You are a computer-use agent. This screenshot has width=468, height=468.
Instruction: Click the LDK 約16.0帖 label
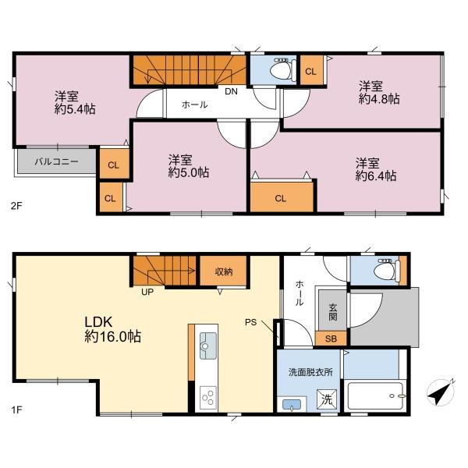pos(112,329)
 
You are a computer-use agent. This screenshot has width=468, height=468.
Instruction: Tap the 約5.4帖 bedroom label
pos(75,103)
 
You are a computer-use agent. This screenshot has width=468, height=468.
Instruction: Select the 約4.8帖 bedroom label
pos(379,93)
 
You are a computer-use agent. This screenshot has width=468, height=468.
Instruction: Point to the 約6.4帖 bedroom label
pos(376,170)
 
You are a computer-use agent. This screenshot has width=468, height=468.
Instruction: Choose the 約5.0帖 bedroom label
pos(188,166)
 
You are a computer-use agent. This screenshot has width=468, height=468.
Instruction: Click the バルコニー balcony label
pos(56,161)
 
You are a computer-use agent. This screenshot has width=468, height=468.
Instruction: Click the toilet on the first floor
pos(387,271)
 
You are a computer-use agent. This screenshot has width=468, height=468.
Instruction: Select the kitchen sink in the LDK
pos(208,346)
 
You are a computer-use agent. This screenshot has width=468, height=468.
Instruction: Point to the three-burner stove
pos(208,398)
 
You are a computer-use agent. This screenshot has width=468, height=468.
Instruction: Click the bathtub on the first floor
pos(375,395)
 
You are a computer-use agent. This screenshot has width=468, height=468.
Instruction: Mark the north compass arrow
pos(441,392)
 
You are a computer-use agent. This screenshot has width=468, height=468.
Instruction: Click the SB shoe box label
pos(331,339)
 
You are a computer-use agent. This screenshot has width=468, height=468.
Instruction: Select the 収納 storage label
pos(224,271)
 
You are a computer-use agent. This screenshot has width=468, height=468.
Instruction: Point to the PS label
pos(250,322)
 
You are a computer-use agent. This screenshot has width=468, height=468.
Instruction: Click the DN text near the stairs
pos(232,91)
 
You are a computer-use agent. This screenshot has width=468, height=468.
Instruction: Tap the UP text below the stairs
pos(147,292)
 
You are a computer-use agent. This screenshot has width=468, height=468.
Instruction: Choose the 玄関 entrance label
pos(333,312)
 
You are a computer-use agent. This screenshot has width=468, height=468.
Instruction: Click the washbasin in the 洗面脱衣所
pos(292,405)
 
